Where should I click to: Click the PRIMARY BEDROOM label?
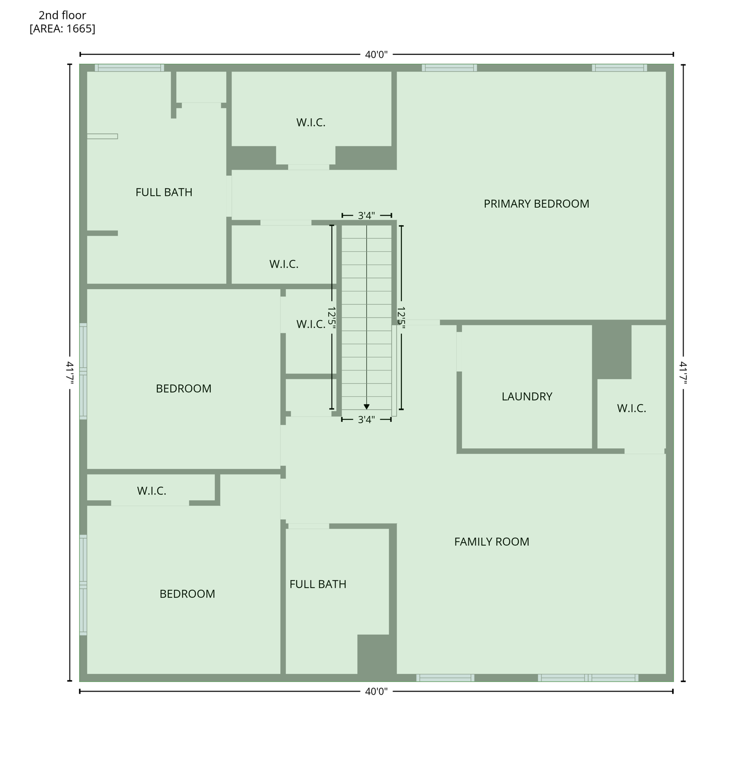click(536, 204)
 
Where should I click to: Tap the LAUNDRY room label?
click(527, 396)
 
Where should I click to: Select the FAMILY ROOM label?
click(491, 542)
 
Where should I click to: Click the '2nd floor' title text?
click(62, 15)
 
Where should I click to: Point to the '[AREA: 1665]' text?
click(62, 28)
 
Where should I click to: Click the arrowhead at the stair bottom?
click(366, 406)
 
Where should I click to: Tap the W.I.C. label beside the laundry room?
click(631, 408)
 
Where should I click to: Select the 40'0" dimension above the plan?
click(376, 54)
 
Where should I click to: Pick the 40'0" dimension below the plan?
click(376, 692)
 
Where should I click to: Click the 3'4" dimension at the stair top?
click(366, 216)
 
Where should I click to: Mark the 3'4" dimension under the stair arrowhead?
click(366, 420)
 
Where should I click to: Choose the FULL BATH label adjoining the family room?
click(318, 584)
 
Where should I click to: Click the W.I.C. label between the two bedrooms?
click(151, 491)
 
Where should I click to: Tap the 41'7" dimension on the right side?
click(683, 373)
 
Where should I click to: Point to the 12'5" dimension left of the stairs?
click(332, 318)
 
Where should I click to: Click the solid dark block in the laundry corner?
click(612, 352)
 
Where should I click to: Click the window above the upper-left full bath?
click(129, 68)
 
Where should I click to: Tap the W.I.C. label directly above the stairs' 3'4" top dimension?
click(311, 122)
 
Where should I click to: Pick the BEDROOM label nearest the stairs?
click(183, 388)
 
